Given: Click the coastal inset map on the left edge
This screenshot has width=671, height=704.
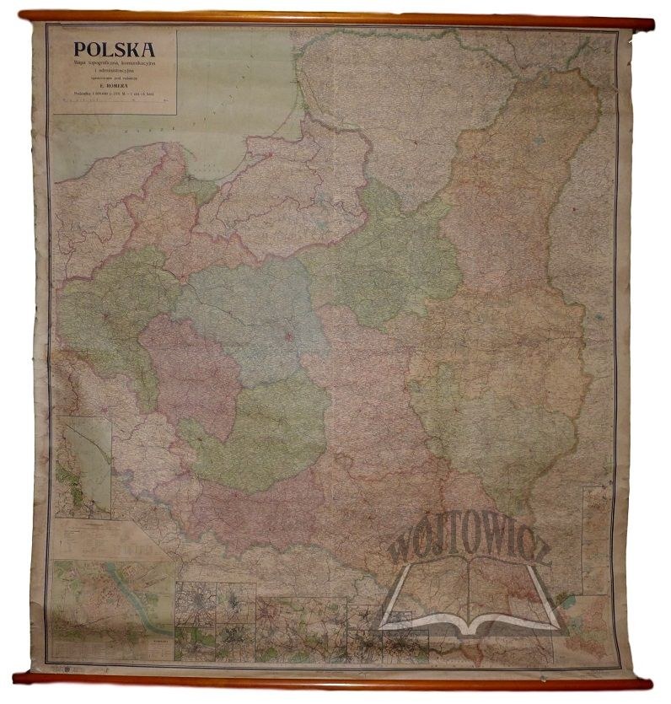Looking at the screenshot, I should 84,466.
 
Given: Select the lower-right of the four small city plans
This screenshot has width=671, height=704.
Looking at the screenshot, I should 235,643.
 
